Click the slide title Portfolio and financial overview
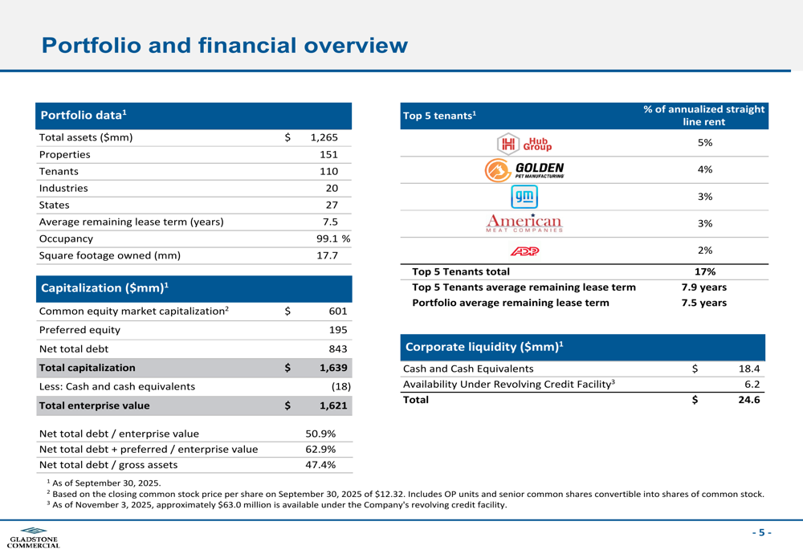(x=224, y=45)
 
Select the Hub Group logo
(x=526, y=143)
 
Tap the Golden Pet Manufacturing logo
(x=525, y=169)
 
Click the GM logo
(x=525, y=197)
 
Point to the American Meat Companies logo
(x=525, y=223)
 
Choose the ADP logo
(x=525, y=251)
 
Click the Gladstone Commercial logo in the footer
(x=33, y=537)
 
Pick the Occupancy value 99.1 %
(x=332, y=238)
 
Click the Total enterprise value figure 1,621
(x=332, y=406)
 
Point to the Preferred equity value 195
(x=337, y=329)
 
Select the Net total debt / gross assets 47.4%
(x=320, y=465)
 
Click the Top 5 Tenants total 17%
(x=705, y=271)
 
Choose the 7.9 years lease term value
(x=703, y=287)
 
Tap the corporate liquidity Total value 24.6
(x=748, y=400)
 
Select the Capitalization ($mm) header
(x=104, y=287)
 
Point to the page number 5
(x=762, y=532)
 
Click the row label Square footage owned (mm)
(x=110, y=255)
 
